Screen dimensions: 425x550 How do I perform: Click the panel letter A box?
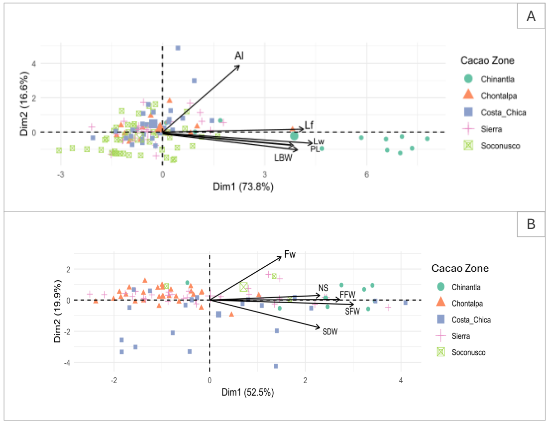tap(531, 16)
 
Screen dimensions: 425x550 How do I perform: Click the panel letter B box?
tap(531, 224)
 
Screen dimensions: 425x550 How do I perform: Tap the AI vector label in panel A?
tap(239, 56)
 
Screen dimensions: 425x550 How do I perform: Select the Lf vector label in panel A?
tap(309, 125)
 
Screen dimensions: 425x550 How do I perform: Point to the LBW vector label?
tap(283, 158)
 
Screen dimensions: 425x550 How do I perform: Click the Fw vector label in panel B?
tap(290, 255)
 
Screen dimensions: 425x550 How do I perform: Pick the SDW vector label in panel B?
tap(330, 331)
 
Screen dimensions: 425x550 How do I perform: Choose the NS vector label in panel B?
tap(324, 288)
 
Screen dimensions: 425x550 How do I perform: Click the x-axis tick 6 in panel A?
tap(366, 175)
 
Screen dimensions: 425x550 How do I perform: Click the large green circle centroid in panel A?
tap(295, 136)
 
